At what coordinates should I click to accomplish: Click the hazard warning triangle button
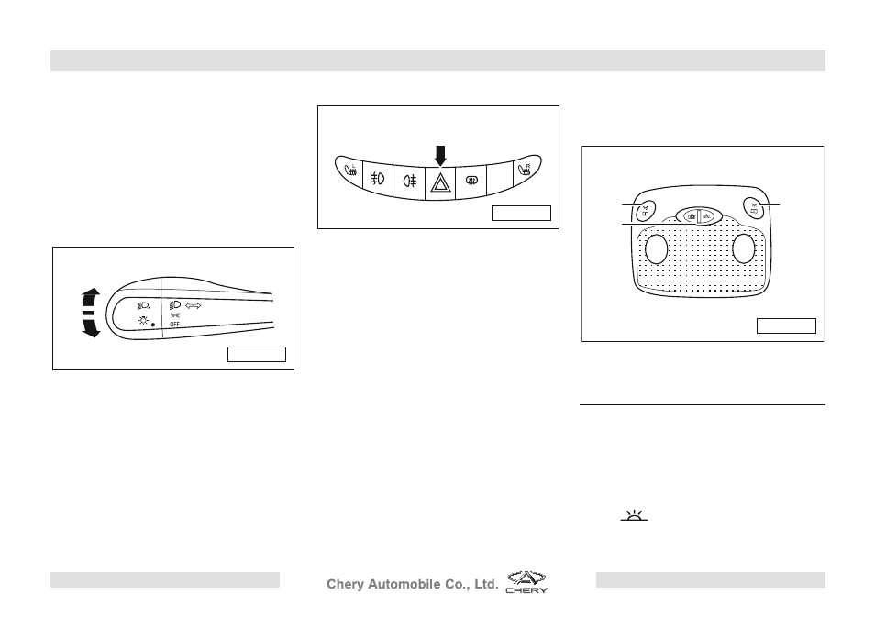coord(440,182)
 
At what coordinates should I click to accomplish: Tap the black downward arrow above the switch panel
coord(440,156)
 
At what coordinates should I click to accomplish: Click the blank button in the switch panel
coord(500,179)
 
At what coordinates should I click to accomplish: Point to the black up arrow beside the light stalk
coord(91,297)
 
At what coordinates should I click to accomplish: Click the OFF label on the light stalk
coord(174,325)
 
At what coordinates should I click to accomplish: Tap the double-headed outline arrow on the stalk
coord(194,305)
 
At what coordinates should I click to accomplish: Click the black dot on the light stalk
coord(153,325)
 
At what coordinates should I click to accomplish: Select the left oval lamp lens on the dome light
coord(657,248)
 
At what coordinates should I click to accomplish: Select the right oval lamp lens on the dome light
coord(743,248)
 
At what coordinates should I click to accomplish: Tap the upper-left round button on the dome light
coord(646,210)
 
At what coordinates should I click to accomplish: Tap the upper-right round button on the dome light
coord(754,209)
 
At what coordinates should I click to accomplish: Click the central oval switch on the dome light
coord(699,216)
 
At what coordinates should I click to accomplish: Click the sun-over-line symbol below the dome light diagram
coord(635,515)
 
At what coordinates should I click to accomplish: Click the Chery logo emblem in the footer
coord(526,582)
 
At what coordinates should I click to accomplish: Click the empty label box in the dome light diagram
coord(786,325)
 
